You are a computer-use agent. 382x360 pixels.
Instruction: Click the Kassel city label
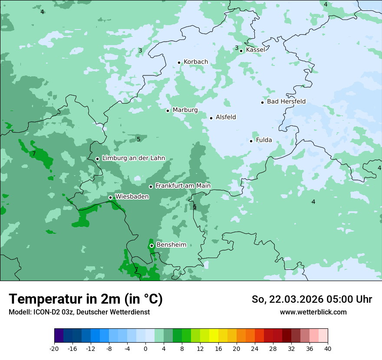tap(255, 50)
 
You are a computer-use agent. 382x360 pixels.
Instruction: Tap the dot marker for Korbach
tap(179, 62)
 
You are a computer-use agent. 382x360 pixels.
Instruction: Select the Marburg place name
tap(185, 110)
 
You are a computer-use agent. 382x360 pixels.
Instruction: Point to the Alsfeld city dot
tap(211, 118)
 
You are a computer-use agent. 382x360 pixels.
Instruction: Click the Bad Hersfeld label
tap(286, 101)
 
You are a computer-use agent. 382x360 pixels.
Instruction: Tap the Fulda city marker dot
tap(251, 141)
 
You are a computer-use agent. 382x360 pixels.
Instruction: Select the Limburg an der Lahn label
tap(133, 158)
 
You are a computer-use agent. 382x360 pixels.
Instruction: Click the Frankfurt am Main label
tap(183, 186)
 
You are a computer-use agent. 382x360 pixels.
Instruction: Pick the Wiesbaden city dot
tap(110, 197)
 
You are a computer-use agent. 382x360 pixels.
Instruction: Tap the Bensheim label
tap(171, 245)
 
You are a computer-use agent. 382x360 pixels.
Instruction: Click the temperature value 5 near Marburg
tap(138, 139)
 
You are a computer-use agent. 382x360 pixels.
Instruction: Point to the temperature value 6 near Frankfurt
tap(194, 206)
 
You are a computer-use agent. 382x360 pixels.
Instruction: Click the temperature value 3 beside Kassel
tap(237, 48)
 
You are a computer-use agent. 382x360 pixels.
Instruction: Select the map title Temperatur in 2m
tap(86, 299)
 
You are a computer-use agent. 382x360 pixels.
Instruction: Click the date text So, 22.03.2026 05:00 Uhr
tap(312, 299)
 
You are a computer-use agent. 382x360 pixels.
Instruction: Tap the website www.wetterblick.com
tap(313, 312)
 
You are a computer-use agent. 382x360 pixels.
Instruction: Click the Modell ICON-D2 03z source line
tap(79, 312)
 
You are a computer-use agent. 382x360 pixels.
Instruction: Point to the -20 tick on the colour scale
tap(54, 348)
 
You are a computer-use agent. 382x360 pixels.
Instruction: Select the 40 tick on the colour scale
tap(327, 348)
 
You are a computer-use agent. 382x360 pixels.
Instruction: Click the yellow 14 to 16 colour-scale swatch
tap(214, 336)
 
